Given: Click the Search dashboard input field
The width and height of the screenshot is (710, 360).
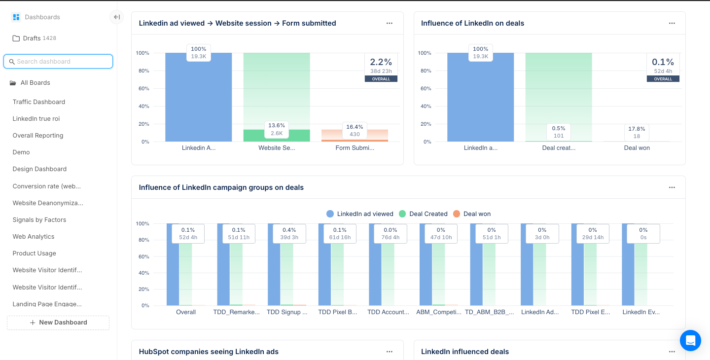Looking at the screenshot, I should pos(58,62).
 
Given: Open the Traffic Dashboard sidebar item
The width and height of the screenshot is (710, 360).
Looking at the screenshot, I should pos(39,102).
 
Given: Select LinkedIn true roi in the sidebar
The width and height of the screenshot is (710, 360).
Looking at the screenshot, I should pos(36,119).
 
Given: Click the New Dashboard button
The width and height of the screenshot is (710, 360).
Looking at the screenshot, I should pos(58,323).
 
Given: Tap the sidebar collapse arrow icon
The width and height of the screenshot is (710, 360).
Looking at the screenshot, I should pos(117,17).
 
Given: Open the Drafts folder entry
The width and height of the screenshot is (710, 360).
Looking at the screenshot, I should pos(32,38).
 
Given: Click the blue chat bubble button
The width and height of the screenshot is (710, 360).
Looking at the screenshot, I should pos(690,340).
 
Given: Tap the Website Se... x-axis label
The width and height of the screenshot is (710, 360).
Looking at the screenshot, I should pos(277,148).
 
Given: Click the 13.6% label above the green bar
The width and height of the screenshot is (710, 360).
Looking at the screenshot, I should pos(277,129).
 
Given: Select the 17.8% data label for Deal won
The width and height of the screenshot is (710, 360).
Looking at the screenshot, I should pos(637,132).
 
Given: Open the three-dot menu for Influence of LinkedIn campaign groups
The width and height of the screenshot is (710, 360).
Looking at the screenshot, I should pos(672,187).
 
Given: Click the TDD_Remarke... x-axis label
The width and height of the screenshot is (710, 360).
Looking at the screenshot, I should pos(236,312).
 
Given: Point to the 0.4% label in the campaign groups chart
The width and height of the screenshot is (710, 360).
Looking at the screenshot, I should pos(289,233).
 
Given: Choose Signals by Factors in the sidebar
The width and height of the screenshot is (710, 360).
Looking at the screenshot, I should pos(39,220).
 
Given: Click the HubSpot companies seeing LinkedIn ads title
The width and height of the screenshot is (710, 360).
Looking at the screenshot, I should pos(209,352).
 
